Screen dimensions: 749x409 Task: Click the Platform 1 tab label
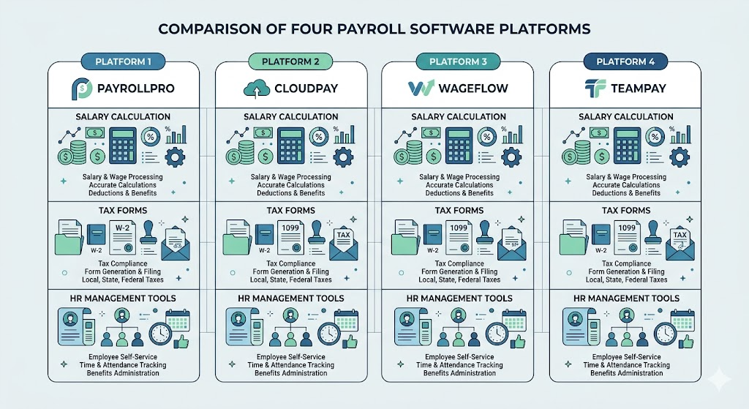click(123, 61)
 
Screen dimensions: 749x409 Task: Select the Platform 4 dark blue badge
click(625, 61)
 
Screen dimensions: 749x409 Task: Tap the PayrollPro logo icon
click(82, 89)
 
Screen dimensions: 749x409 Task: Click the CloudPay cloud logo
click(257, 89)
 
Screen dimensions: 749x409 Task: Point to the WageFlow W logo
click(421, 88)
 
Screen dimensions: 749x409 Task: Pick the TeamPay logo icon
click(595, 89)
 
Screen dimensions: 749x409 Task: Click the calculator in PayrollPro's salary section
click(122, 146)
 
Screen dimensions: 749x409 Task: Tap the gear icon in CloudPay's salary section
click(343, 157)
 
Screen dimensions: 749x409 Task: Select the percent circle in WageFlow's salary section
click(486, 137)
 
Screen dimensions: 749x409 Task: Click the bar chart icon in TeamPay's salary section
click(680, 135)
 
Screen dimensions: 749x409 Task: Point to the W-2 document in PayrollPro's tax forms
click(122, 237)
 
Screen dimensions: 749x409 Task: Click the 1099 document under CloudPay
click(290, 237)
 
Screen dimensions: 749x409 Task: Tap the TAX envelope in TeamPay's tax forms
click(680, 244)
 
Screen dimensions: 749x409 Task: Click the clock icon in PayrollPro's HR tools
click(160, 334)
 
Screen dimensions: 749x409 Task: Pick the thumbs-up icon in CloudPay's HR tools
click(350, 342)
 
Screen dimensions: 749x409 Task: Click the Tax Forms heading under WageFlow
click(459, 210)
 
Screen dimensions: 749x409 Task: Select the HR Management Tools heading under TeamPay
click(626, 298)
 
